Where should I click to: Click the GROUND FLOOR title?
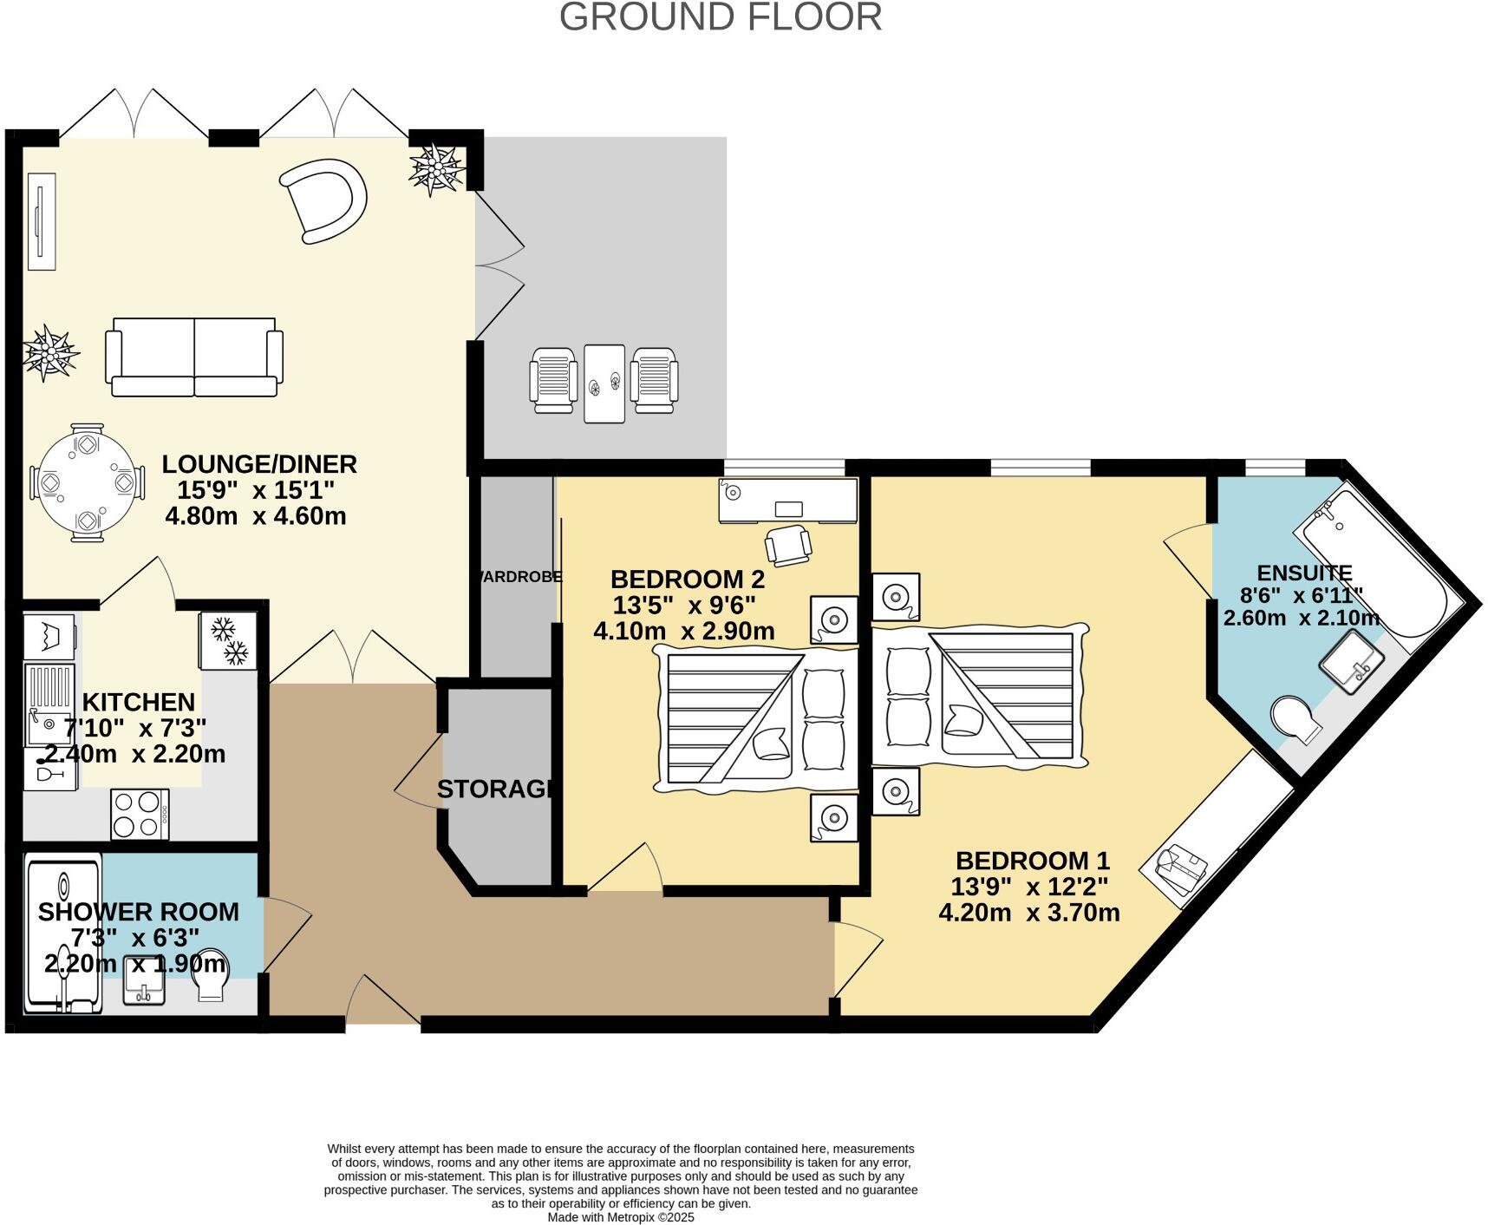721,17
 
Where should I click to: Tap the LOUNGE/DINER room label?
259,464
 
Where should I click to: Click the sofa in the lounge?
194,357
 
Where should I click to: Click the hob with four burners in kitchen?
140,814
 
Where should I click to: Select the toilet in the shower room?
211,979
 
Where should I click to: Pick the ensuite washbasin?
1351,662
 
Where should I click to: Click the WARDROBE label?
518,577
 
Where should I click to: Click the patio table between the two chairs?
604,383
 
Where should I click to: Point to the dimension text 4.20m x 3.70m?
1029,913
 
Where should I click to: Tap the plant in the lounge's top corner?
437,167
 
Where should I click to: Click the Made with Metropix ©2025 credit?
621,1217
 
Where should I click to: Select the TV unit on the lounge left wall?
42,222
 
